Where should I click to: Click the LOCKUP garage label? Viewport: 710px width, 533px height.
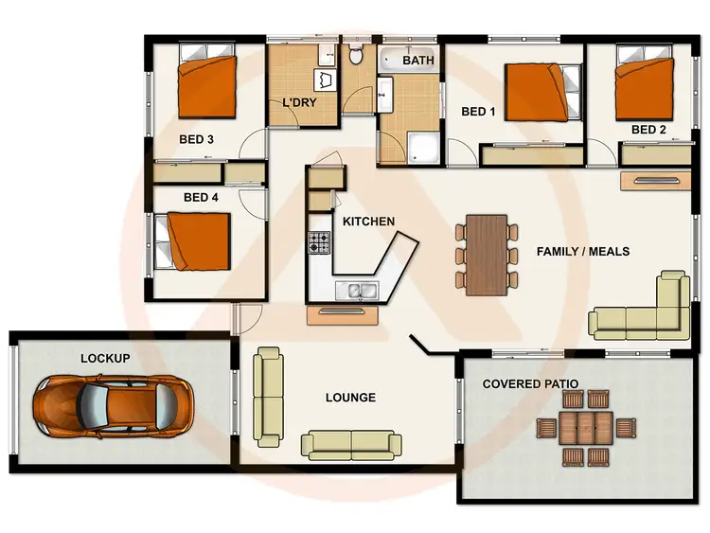click(x=105, y=359)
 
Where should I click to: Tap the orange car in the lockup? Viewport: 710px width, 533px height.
click(x=111, y=407)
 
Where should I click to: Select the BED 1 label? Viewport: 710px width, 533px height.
click(x=478, y=112)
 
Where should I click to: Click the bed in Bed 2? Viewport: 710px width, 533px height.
click(x=647, y=86)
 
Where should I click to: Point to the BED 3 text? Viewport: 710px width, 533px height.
click(x=196, y=140)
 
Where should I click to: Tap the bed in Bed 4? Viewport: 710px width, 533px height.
click(x=195, y=240)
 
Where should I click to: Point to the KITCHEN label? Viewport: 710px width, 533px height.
click(x=368, y=222)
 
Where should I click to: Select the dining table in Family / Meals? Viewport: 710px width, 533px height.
click(x=488, y=254)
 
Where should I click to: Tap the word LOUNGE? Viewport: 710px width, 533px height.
click(x=349, y=398)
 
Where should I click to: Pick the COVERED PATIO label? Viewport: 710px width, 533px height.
click(x=531, y=384)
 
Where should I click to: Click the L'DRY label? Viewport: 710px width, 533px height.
click(x=300, y=103)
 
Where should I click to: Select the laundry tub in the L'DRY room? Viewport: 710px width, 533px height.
click(x=328, y=80)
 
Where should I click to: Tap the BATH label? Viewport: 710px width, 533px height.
click(x=418, y=61)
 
